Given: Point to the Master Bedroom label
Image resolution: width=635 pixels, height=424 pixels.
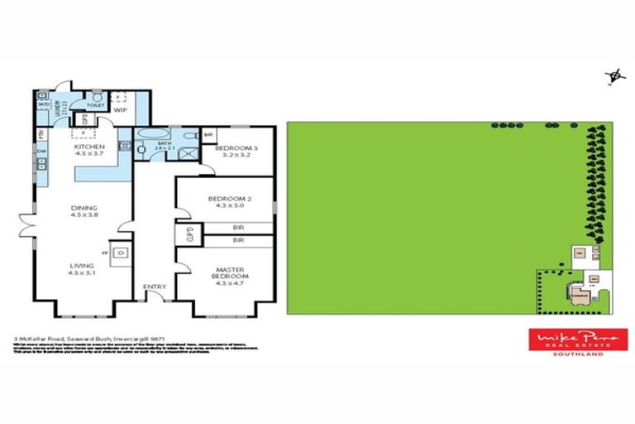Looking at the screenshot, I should [226, 274].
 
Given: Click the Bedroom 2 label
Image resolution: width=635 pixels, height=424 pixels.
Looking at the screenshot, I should [224, 201].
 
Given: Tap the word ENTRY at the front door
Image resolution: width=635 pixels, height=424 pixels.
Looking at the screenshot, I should [155, 287].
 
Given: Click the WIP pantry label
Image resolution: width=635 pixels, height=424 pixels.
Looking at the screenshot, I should [120, 109].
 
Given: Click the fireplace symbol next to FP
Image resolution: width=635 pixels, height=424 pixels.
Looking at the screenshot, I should [120, 253].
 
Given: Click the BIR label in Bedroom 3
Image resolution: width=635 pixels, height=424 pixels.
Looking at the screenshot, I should [210, 135].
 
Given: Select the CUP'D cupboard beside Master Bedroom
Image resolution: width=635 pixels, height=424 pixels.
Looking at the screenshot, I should [189, 232].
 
